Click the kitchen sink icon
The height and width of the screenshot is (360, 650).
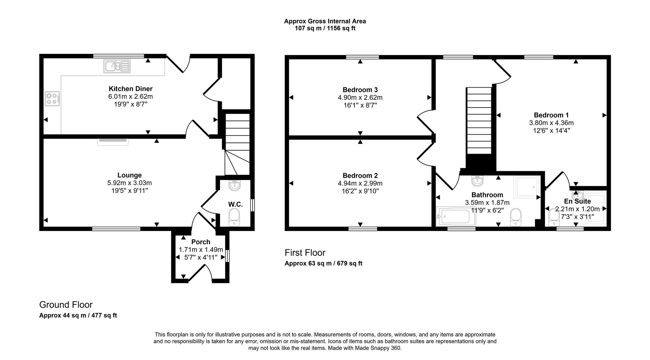tap(117, 66)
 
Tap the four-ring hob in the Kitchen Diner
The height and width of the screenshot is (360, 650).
tap(52, 98)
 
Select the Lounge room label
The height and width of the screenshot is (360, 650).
tap(129, 175)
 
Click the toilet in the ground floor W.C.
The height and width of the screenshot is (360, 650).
tap(234, 217)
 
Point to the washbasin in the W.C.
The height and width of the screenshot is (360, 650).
tap(234, 185)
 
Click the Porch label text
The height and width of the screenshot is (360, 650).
tap(201, 242)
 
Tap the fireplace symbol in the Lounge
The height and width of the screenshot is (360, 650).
tap(113, 141)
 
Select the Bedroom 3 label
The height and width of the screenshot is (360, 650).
tap(360, 90)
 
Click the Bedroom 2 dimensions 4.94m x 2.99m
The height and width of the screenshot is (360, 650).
tap(360, 183)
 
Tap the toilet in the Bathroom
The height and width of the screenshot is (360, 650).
tap(516, 217)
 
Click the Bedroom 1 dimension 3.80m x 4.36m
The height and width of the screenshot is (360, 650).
tap(551, 123)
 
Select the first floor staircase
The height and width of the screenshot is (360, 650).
tap(479, 122)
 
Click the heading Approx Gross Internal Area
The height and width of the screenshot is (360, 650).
tap(325, 21)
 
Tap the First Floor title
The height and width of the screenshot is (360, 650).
tap(305, 253)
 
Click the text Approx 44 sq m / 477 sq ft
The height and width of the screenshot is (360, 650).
tap(78, 315)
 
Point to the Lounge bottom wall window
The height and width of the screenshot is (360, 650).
tap(116, 229)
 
